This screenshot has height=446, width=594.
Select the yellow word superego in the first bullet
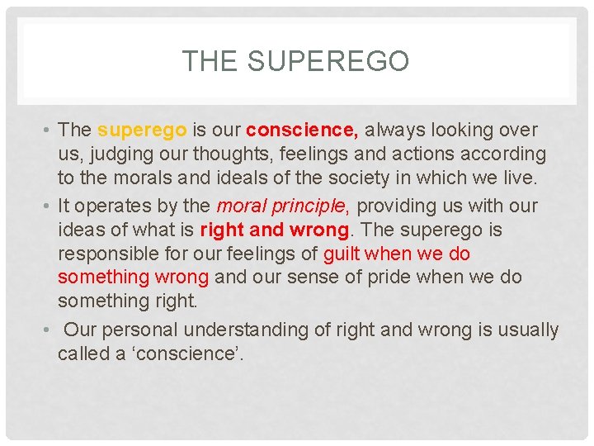(x=141, y=130)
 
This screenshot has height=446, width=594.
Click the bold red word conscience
(x=301, y=130)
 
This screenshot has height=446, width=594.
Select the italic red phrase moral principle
(x=283, y=205)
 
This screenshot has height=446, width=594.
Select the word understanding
(x=247, y=330)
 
